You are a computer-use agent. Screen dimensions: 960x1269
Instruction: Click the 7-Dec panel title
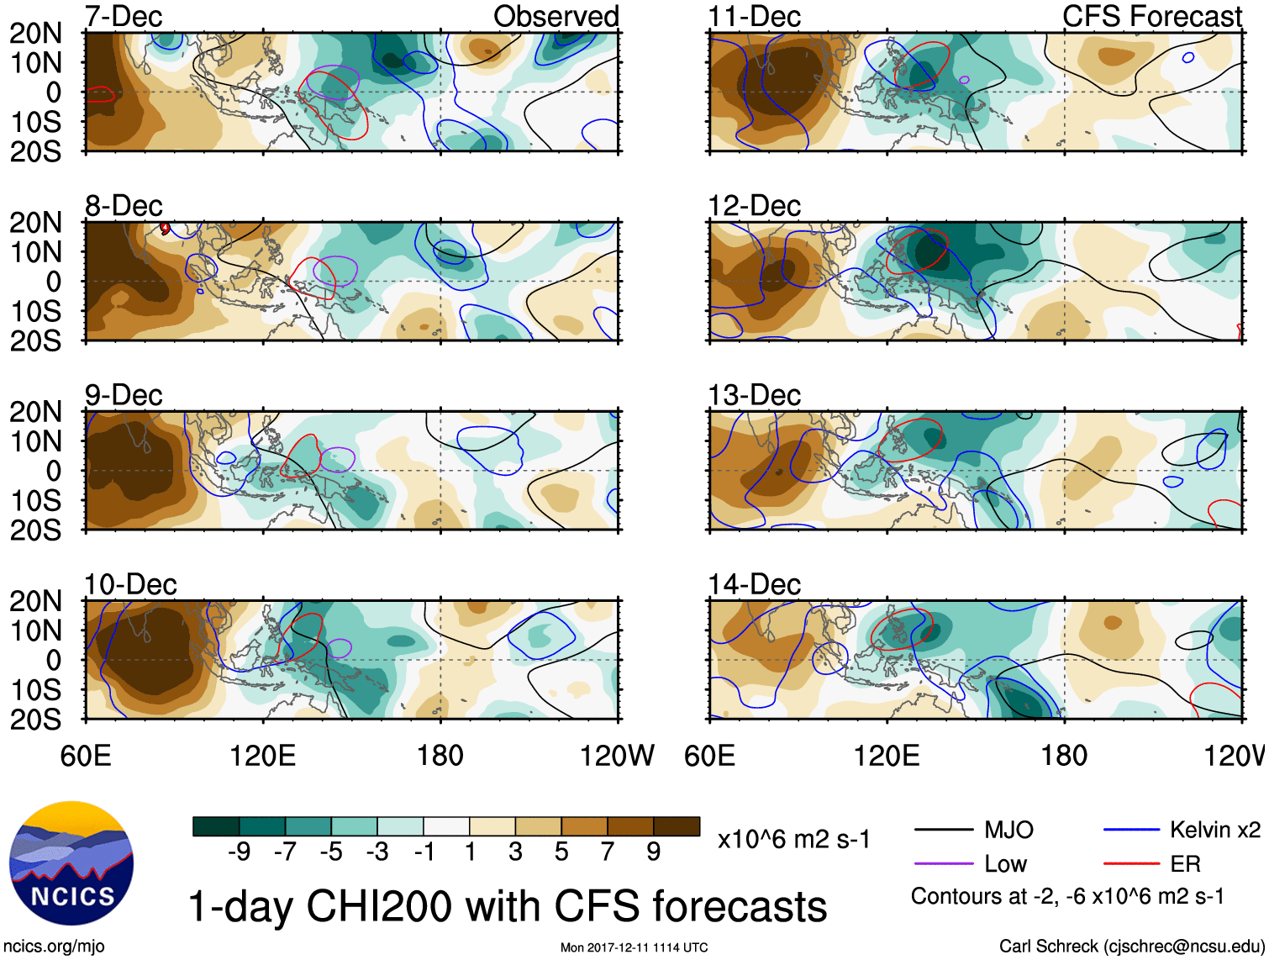tap(124, 16)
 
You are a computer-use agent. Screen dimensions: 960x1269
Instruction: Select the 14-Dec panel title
tap(754, 584)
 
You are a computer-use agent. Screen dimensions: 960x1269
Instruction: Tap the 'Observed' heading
tap(556, 16)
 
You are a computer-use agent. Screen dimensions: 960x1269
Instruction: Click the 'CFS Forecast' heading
tap(1151, 16)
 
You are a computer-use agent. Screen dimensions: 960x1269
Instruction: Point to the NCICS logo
tap(71, 863)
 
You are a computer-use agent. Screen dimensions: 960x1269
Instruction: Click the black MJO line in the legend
tap(944, 831)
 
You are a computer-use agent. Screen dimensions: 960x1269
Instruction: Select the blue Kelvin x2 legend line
tap(1131, 831)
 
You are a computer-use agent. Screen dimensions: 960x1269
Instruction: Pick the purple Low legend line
tap(944, 864)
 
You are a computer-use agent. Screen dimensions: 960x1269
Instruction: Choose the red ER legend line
tap(1131, 864)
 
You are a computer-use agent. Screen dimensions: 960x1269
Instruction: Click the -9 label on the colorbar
tap(239, 852)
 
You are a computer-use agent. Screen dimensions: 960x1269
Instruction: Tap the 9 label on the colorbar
tap(653, 852)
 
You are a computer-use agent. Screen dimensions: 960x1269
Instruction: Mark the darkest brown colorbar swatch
tap(677, 826)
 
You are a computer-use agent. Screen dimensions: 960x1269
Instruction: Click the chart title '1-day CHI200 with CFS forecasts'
tap(507, 906)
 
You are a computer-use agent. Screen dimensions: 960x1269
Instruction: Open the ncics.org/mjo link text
tap(54, 947)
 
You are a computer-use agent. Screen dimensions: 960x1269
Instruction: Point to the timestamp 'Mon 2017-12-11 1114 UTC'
tap(634, 948)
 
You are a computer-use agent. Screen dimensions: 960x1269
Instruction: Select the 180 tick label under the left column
tap(440, 756)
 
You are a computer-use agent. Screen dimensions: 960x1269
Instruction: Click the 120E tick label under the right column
tap(887, 756)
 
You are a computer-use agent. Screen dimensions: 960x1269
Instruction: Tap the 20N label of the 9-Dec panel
tap(35, 412)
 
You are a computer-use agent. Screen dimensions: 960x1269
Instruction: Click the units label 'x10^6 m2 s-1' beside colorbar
tap(793, 840)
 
